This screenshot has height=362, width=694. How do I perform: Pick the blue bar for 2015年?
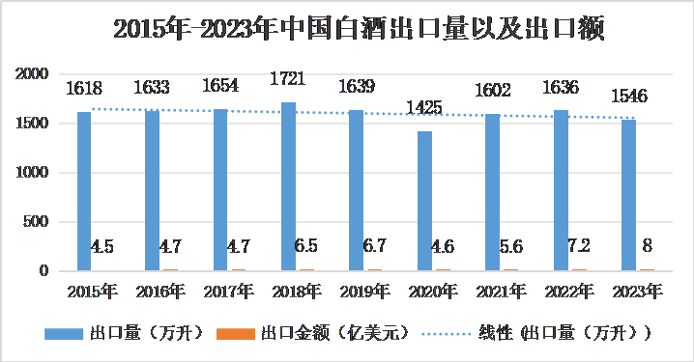(x=84, y=191)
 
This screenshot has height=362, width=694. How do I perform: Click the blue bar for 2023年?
(x=628, y=195)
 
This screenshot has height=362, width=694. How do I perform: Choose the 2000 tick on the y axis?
(x=32, y=74)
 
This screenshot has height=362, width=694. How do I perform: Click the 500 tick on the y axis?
(x=36, y=222)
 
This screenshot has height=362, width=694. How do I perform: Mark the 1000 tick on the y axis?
(x=32, y=173)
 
